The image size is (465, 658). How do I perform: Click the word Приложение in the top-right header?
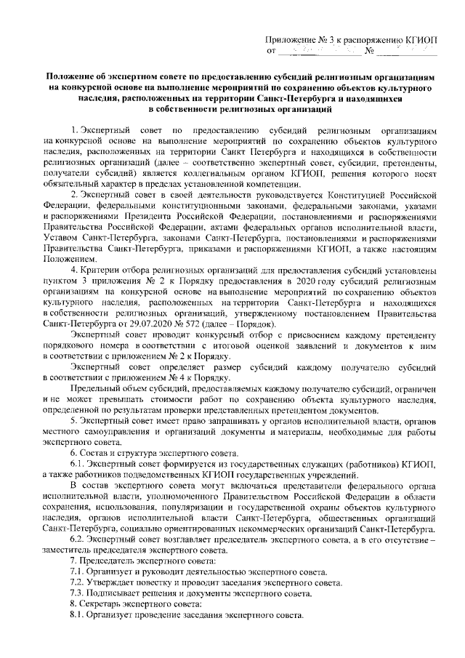click(x=290, y=41)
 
